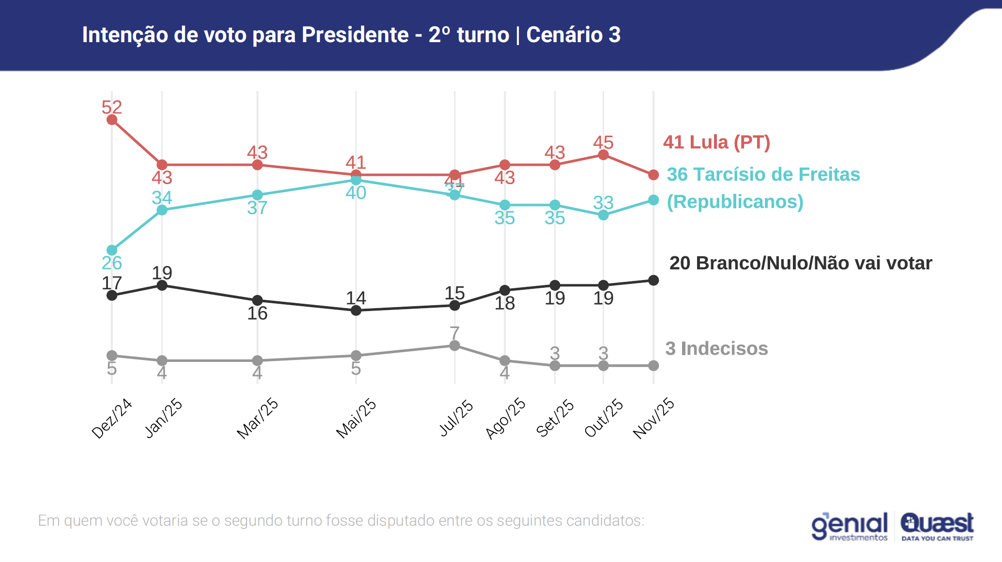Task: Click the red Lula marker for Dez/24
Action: tap(112, 120)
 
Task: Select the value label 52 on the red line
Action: tap(112, 107)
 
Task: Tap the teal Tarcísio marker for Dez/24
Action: tap(112, 250)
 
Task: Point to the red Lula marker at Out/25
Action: tap(603, 155)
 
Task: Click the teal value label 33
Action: tap(603, 203)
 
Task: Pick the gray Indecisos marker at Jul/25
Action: tap(455, 345)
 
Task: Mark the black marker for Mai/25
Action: tap(356, 311)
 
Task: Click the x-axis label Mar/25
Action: tap(258, 419)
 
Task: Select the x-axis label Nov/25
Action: tap(653, 419)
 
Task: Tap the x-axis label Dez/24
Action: tap(112, 419)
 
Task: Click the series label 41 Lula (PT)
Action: tap(716, 142)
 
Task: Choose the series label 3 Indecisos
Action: tap(716, 349)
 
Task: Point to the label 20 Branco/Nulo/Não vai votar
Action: tap(801, 263)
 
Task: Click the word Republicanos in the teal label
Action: tap(735, 202)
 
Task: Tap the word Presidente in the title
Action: tap(355, 35)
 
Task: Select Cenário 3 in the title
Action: tap(573, 35)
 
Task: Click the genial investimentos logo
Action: tap(850, 526)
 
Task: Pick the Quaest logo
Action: tap(937, 526)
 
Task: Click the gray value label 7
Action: tap(455, 333)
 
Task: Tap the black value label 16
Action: tap(258, 313)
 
